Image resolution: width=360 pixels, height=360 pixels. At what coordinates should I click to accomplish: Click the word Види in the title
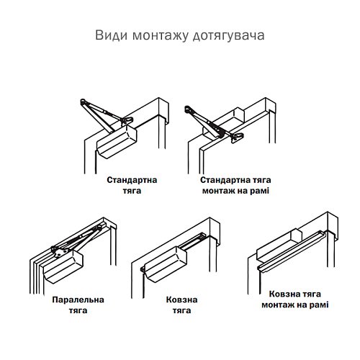click(109, 35)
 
